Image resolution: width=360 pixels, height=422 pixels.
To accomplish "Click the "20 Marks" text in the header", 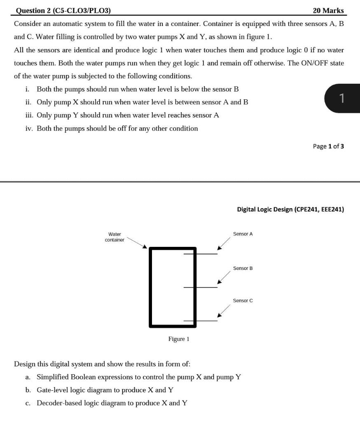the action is [x=328, y=10].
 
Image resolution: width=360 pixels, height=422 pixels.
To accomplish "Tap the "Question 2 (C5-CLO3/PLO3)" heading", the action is [x=63, y=10].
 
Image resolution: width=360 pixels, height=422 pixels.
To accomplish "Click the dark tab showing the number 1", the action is [x=341, y=98].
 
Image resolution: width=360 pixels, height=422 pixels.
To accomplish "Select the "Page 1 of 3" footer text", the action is [x=328, y=146].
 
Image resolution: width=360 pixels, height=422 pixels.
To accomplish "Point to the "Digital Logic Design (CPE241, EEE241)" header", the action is [x=290, y=209].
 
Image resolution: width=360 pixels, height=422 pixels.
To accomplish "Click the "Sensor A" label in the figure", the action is [x=243, y=234].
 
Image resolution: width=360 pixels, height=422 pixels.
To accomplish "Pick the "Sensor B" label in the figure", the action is [x=243, y=268].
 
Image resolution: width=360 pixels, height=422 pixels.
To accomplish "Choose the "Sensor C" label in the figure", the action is [x=243, y=301].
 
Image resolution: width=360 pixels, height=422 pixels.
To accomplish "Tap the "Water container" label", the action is [x=115, y=237].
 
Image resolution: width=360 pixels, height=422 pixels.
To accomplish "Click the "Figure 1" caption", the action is [x=179, y=339].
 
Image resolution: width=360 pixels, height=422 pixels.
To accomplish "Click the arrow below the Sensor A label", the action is [x=224, y=244].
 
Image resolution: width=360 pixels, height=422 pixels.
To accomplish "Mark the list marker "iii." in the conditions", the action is [x=29, y=115].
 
